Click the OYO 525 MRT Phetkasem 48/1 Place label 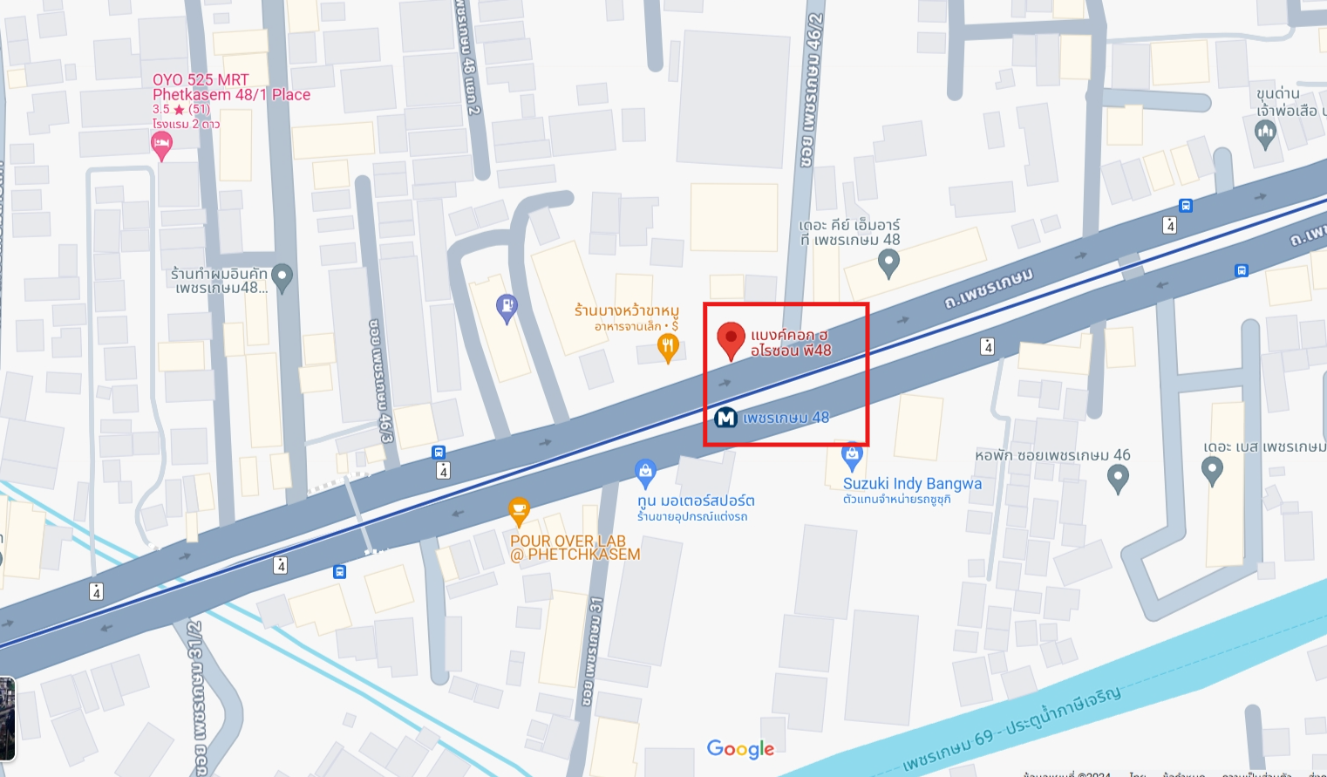coord(231,87)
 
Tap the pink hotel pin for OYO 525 coord(161,146)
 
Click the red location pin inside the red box coord(731,339)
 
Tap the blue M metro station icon coord(725,419)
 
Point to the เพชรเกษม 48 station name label coord(786,418)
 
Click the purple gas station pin coord(507,308)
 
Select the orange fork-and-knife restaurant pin coord(668,348)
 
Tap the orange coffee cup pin coord(519,510)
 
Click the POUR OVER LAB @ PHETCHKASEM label coord(575,548)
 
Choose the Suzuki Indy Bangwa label coord(912,484)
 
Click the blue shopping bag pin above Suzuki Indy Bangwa coord(852,455)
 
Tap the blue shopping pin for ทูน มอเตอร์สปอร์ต coord(645,473)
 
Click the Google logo coord(740,749)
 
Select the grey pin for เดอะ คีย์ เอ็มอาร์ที coord(888,262)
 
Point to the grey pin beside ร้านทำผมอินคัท coord(282,277)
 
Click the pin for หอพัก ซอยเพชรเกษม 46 coord(1118,477)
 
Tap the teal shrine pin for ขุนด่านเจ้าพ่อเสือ coord(1265,133)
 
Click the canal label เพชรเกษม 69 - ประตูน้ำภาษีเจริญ coord(1011,728)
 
